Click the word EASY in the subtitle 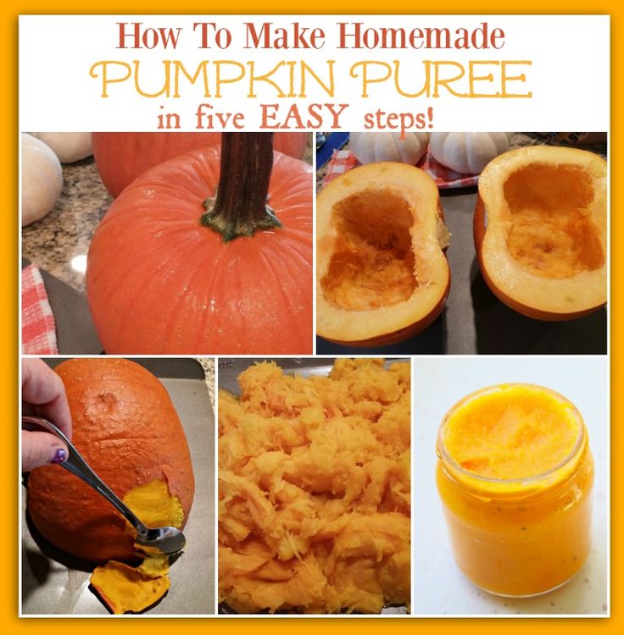(x=304, y=116)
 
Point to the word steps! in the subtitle (x=399, y=119)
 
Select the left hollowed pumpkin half (x=382, y=252)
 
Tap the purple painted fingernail (x=58, y=456)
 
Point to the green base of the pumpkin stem (x=240, y=221)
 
